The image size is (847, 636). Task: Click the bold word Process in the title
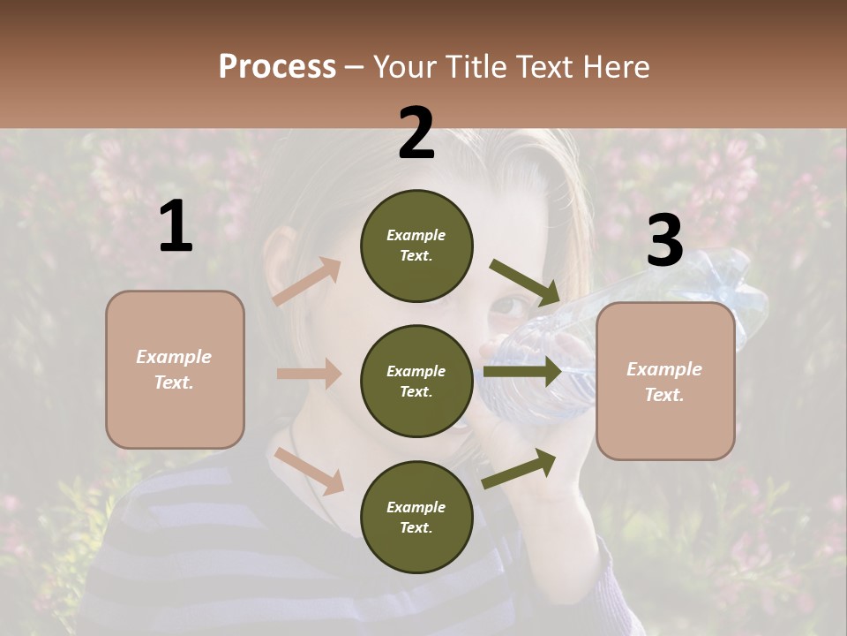tap(277, 66)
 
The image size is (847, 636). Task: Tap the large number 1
tap(176, 227)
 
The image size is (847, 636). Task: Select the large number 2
tap(416, 133)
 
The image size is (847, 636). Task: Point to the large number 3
tap(664, 241)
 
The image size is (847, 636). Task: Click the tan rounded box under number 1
tap(175, 369)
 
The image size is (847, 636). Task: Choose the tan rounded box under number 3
tap(665, 382)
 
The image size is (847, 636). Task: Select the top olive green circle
tap(416, 246)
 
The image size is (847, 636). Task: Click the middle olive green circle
tap(416, 381)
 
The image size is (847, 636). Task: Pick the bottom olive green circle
tap(416, 517)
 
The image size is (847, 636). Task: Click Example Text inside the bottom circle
tap(416, 517)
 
